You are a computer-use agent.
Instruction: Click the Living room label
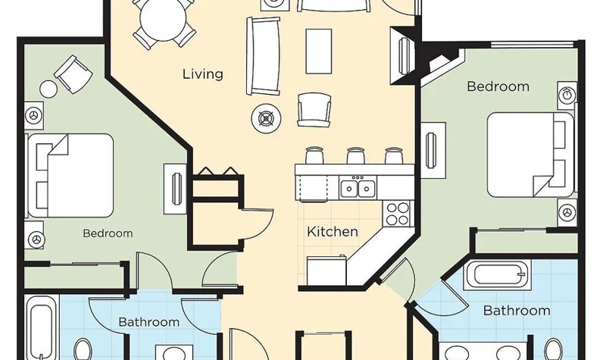(x=203, y=74)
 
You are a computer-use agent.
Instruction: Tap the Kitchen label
(x=333, y=232)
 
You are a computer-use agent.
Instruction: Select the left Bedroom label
(x=108, y=233)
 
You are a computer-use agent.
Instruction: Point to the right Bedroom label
(x=498, y=86)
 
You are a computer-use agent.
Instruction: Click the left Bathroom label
(x=148, y=321)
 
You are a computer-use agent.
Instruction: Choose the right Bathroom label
(x=517, y=310)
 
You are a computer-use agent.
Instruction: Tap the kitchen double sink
(x=358, y=187)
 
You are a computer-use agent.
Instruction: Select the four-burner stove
(x=397, y=214)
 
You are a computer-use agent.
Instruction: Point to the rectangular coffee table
(x=318, y=51)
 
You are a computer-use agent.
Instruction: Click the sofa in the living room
(x=264, y=55)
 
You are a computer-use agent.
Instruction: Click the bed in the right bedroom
(x=530, y=155)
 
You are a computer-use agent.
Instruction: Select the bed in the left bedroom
(x=70, y=175)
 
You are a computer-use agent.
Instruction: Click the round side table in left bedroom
(x=48, y=89)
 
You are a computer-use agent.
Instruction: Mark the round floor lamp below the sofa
(x=267, y=118)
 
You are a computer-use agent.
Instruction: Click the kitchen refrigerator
(x=327, y=270)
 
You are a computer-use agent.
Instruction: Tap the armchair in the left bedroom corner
(x=73, y=74)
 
